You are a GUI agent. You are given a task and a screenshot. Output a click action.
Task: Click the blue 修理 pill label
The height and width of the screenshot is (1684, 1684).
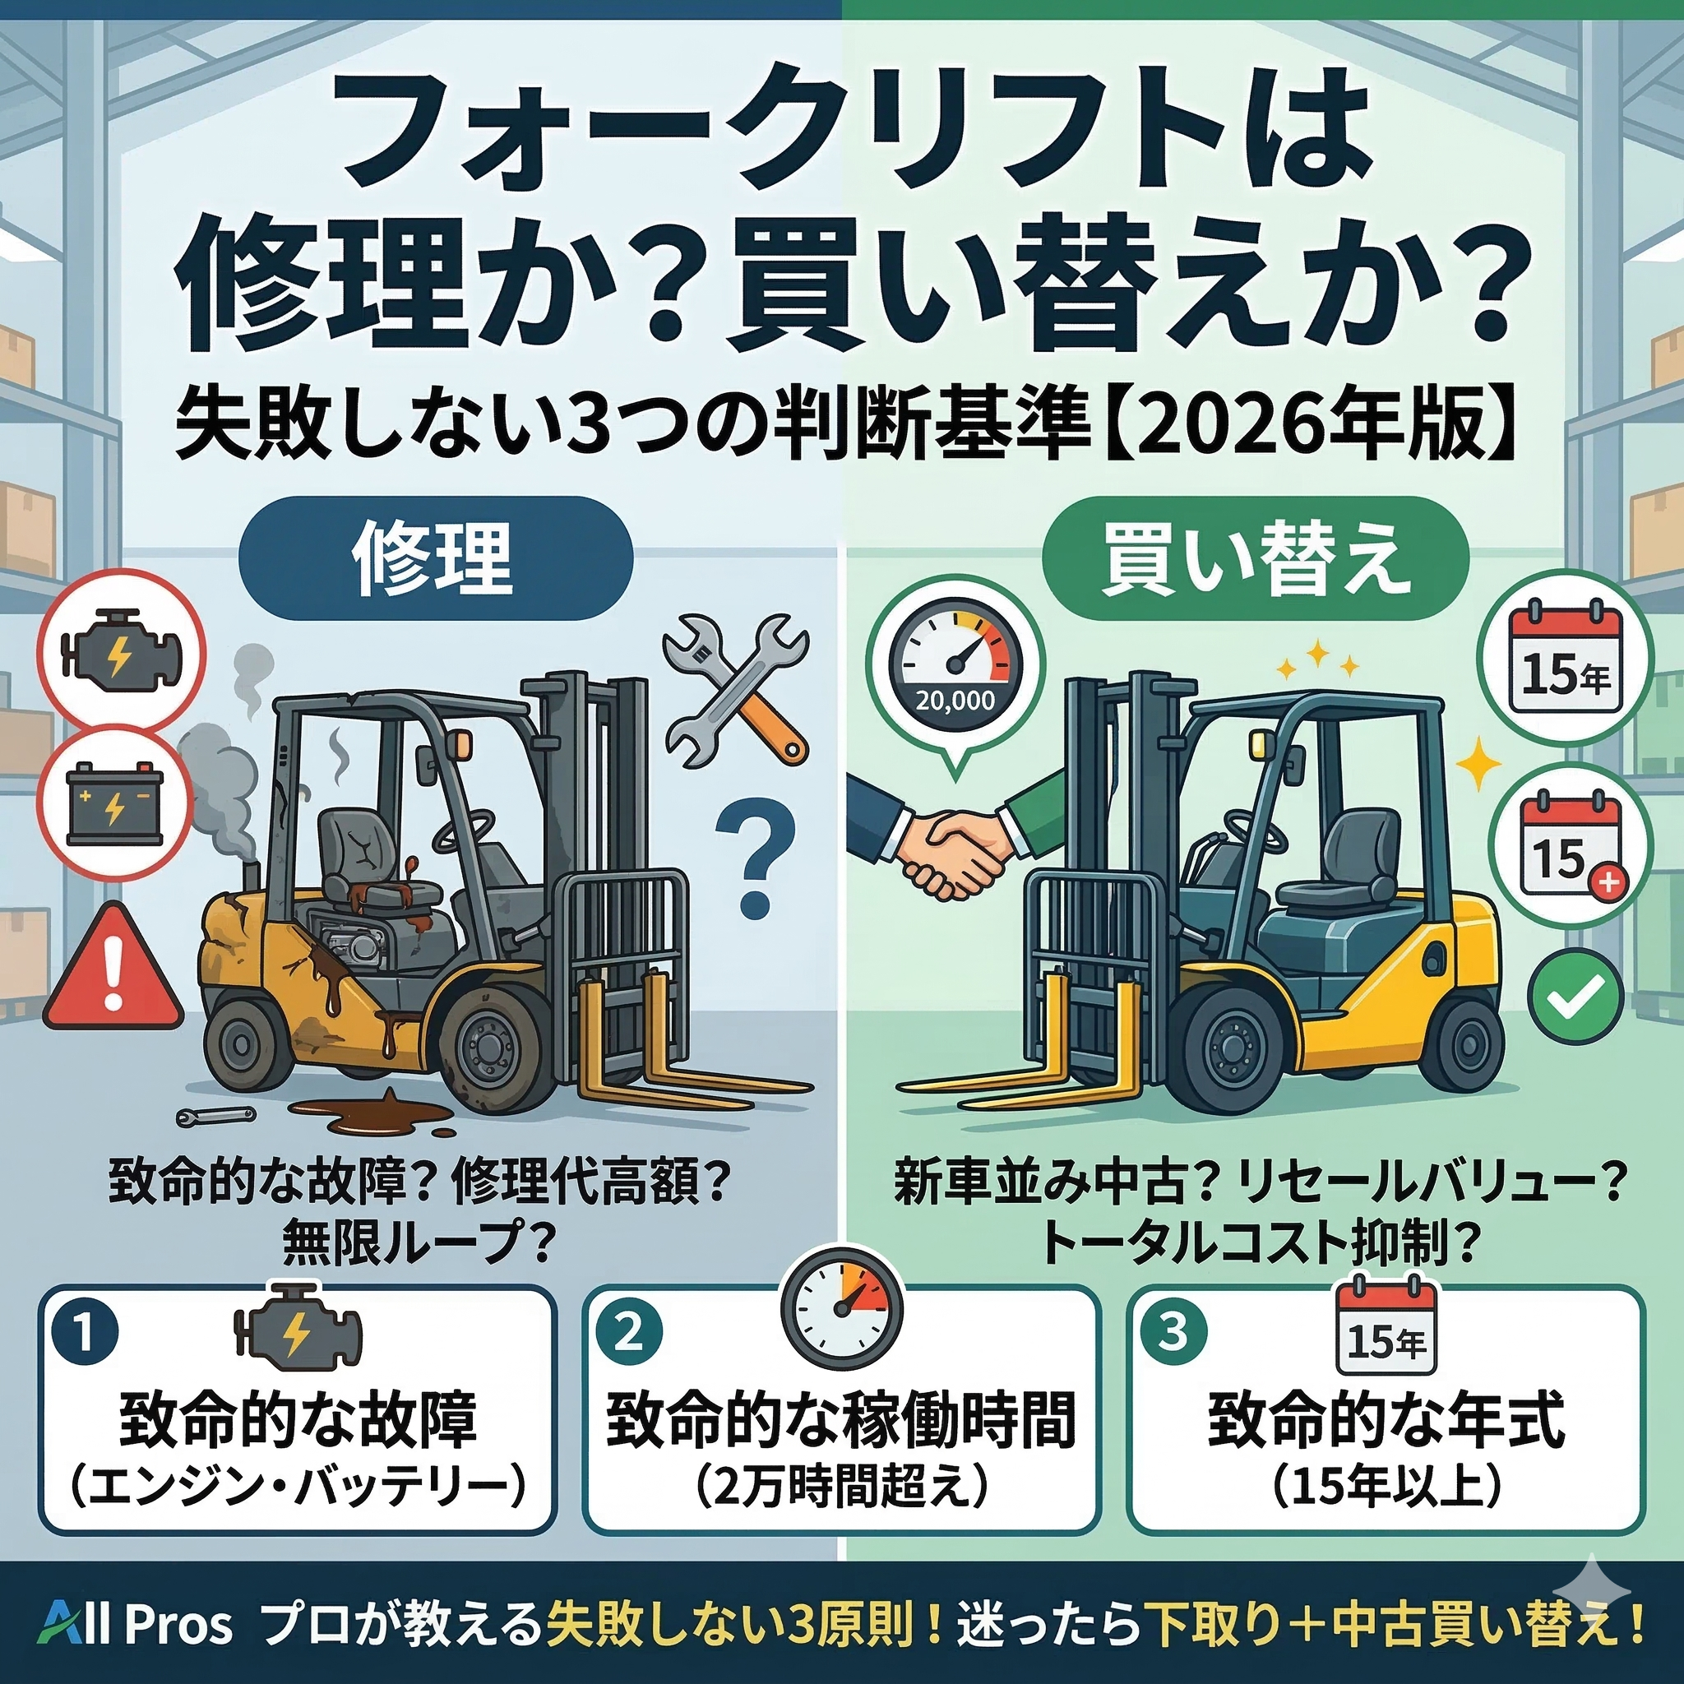tap(435, 558)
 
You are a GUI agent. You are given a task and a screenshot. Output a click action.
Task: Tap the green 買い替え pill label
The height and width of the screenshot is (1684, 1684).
tap(1255, 558)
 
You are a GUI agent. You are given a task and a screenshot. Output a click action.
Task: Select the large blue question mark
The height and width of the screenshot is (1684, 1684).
tap(755, 859)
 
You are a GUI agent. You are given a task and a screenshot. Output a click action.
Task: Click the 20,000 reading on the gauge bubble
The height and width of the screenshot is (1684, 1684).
tap(955, 699)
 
